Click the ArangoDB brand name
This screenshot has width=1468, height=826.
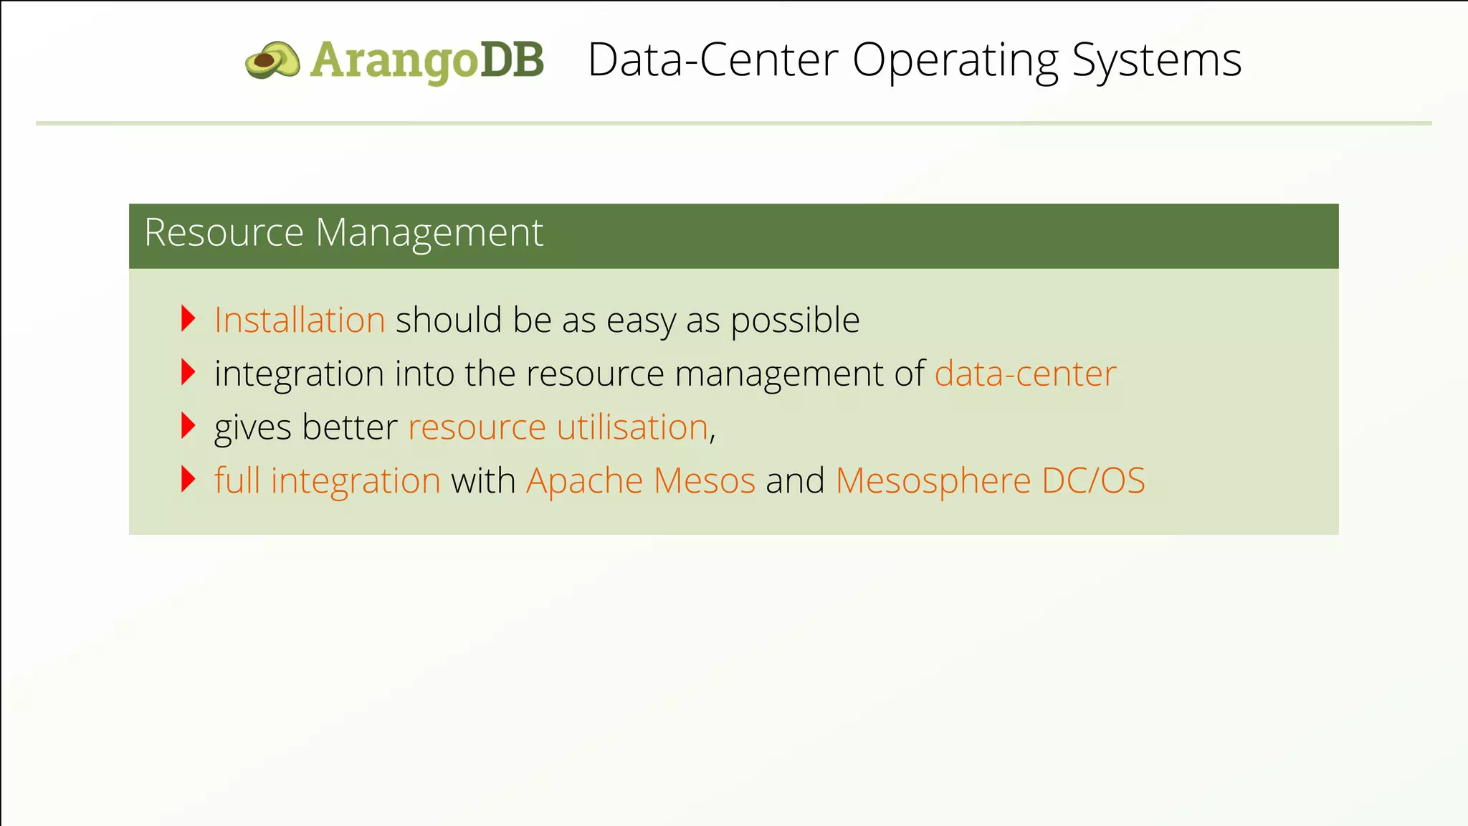pyautogui.click(x=427, y=60)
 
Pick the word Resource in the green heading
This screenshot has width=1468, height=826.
pyautogui.click(x=224, y=233)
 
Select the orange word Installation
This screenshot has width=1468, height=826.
pyautogui.click(x=300, y=320)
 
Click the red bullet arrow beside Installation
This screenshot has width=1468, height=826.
pyautogui.click(x=189, y=318)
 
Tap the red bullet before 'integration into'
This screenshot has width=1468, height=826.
pyautogui.click(x=189, y=372)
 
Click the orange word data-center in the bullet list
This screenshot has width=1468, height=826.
pyautogui.click(x=1025, y=374)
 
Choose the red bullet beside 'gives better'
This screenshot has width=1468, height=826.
pyautogui.click(x=189, y=426)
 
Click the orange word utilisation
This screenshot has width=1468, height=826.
pyautogui.click(x=632, y=427)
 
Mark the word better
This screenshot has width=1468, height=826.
pyautogui.click(x=350, y=427)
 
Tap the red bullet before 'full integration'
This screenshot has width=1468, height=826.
pyautogui.click(x=189, y=479)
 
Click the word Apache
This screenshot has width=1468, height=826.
pyautogui.click(x=585, y=481)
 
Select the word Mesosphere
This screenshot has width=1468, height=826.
pyautogui.click(x=933, y=481)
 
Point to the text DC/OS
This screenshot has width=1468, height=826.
pyautogui.click(x=1093, y=481)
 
